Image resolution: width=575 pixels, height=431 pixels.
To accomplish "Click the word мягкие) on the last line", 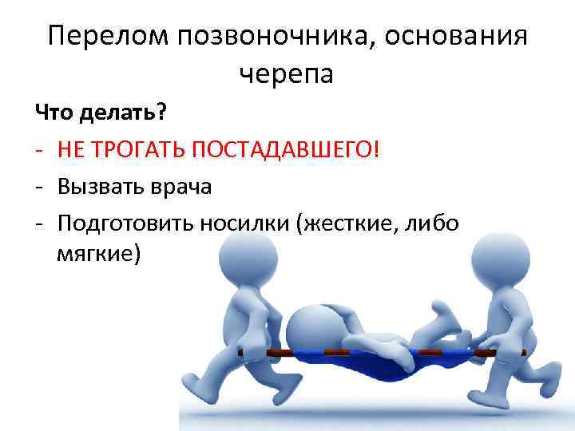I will (x=98, y=255).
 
